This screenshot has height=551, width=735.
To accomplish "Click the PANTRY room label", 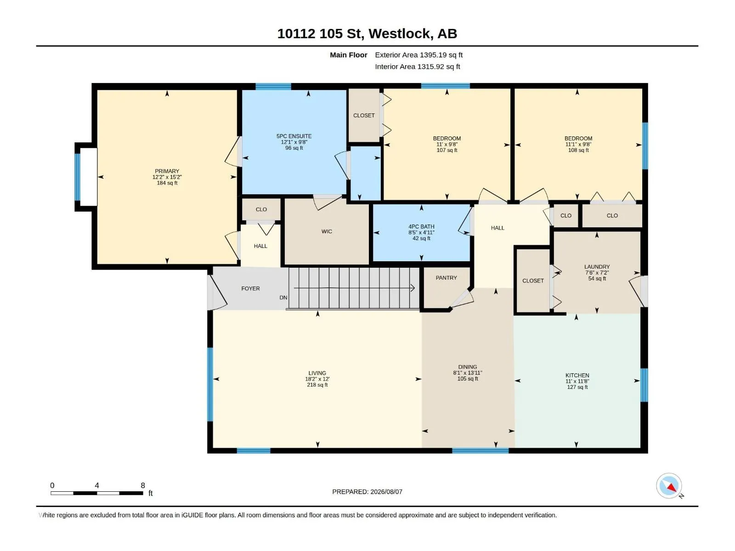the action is [446, 278].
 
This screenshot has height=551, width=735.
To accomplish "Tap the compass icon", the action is [669, 485].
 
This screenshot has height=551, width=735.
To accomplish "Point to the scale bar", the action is [97, 493].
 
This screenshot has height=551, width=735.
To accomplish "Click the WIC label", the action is [327, 231].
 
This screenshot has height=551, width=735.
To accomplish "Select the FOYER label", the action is [250, 288].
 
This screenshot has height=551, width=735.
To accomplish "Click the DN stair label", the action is [283, 298].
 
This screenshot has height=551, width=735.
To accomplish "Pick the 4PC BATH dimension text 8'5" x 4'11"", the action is [421, 232].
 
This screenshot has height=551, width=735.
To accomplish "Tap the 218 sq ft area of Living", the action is [317, 385].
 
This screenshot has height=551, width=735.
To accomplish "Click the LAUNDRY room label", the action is [597, 267].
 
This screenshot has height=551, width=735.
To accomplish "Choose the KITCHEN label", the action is [577, 375].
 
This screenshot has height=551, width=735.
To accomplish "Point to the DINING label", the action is [468, 367].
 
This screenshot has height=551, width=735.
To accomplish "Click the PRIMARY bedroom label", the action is [167, 171].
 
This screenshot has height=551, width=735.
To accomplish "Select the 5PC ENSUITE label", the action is [294, 136].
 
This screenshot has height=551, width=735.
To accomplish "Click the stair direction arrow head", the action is [413, 288].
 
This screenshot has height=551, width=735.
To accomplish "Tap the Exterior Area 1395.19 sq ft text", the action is [418, 55].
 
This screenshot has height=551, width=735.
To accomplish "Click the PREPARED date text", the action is [367, 492].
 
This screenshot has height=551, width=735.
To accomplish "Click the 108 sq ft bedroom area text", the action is [578, 150].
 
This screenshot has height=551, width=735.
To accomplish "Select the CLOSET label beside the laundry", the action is [533, 281].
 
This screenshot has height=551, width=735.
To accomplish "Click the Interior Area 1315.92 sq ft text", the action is [417, 67].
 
